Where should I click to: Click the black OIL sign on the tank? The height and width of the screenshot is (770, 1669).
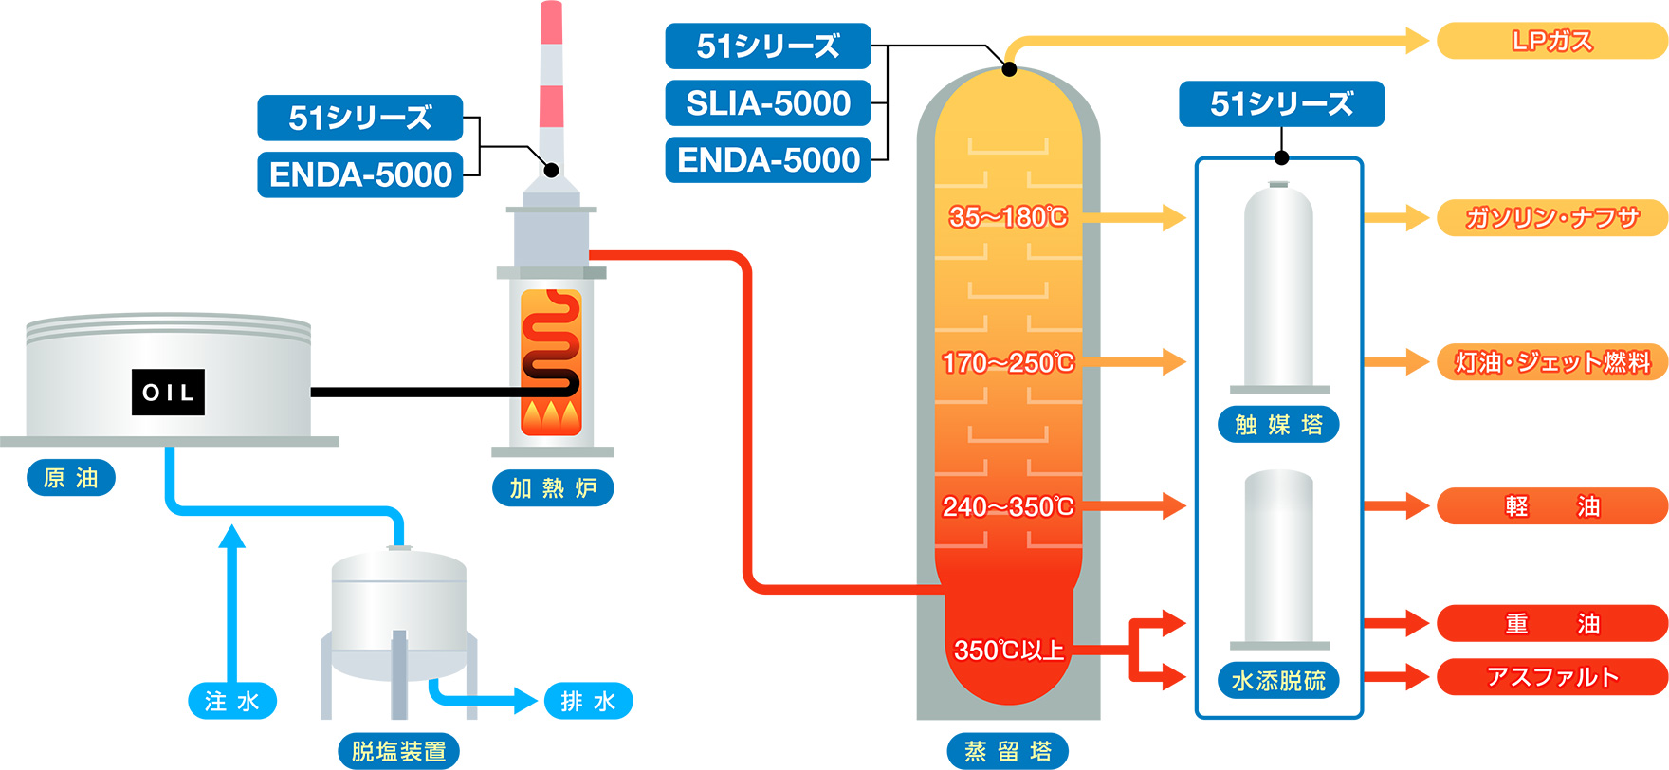point(168,392)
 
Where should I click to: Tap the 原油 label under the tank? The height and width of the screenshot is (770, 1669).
point(71,478)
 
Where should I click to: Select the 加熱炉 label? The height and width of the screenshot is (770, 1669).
point(553,488)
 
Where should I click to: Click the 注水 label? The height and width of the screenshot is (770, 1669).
point(232,702)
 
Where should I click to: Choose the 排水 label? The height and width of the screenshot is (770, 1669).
point(588,702)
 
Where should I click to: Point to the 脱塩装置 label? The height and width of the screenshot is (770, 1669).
point(399,752)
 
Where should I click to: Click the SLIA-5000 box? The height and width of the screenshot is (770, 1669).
point(767,103)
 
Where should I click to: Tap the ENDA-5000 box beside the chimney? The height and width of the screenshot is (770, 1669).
point(360,174)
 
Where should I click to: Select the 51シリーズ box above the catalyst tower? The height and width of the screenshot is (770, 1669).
point(1281,104)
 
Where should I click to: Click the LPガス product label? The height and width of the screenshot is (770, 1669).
point(1551,41)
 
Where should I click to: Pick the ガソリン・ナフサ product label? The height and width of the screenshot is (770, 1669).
point(1551,218)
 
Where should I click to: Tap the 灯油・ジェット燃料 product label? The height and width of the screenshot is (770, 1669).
point(1551,362)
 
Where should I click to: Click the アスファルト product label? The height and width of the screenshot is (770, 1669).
point(1551,677)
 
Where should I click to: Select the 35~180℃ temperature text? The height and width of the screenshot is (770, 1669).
point(1008,217)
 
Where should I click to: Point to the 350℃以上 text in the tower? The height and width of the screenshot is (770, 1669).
point(1008,651)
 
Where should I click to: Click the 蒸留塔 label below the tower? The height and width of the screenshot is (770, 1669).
point(1008,752)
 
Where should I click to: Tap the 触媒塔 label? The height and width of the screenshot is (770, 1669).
point(1278,425)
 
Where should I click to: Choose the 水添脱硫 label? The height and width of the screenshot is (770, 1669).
point(1278,681)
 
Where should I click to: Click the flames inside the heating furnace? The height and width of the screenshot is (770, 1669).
point(551,415)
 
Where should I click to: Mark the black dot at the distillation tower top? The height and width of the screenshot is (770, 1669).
point(1010,69)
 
